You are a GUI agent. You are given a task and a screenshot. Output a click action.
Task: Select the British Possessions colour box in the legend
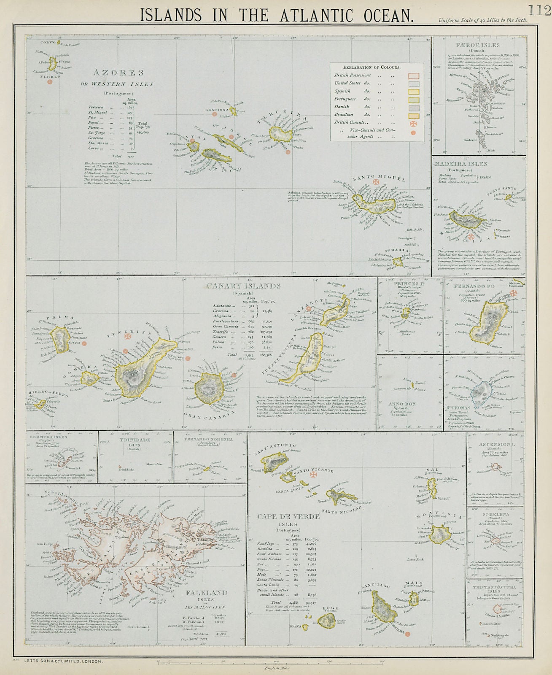(414, 76)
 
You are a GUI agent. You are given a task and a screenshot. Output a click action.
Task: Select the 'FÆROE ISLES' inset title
(479, 45)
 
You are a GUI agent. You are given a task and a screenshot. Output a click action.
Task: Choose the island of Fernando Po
(491, 323)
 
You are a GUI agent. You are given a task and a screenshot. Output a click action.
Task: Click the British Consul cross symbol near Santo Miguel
(374, 182)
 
